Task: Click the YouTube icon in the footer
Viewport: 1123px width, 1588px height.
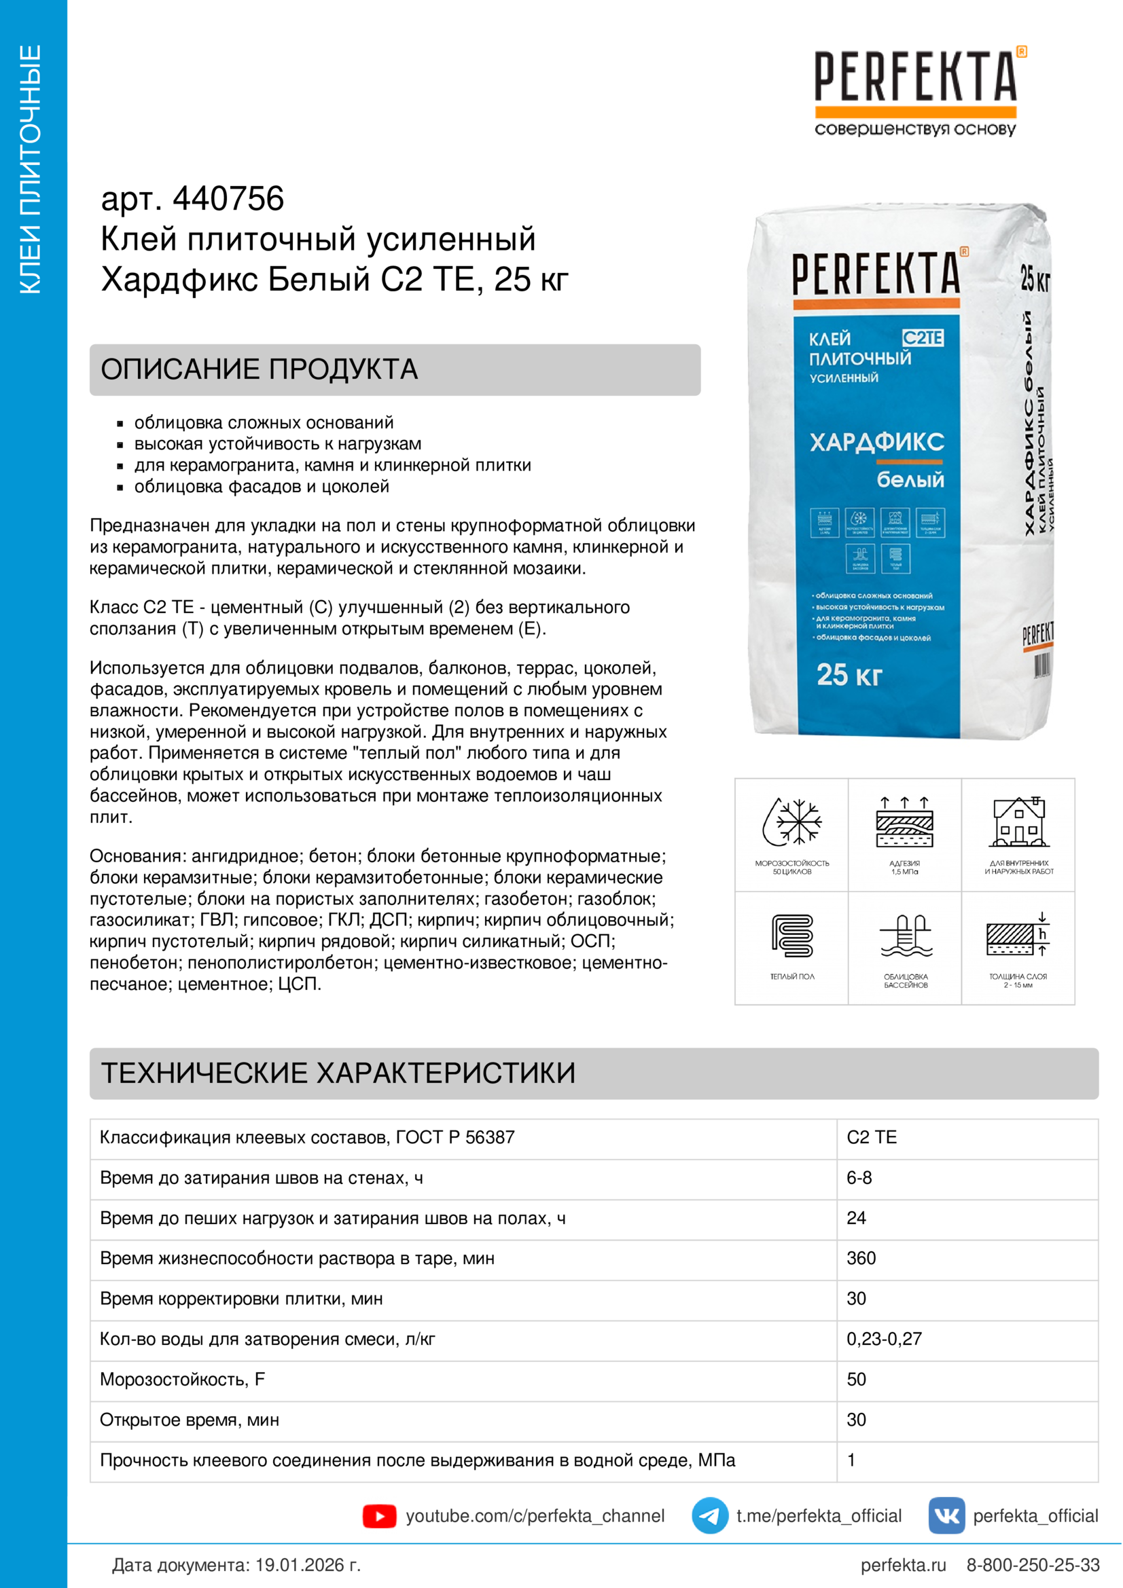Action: pos(379,1515)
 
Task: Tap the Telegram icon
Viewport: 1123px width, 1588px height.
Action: pos(709,1515)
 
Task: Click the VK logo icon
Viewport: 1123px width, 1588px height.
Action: pos(946,1515)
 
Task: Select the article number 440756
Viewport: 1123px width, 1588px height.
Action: pos(228,199)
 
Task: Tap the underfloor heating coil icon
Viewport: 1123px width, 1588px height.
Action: pos(791,936)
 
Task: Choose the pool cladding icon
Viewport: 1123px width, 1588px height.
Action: pos(905,936)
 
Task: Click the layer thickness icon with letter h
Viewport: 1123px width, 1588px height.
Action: pos(1018,936)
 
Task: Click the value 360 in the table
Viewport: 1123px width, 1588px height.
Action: pos(861,1258)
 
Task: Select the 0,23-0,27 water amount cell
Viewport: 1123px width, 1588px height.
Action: pos(884,1338)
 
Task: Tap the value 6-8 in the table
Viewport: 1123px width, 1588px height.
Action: pos(859,1178)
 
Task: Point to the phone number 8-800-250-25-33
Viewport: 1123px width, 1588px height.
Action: pos(1033,1564)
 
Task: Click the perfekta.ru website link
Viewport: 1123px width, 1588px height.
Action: pos(903,1564)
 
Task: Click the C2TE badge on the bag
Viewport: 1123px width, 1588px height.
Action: pos(923,337)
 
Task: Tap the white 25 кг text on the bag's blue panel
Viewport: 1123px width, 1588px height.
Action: pos(849,675)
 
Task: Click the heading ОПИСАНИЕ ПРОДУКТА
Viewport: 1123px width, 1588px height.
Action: pos(260,369)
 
